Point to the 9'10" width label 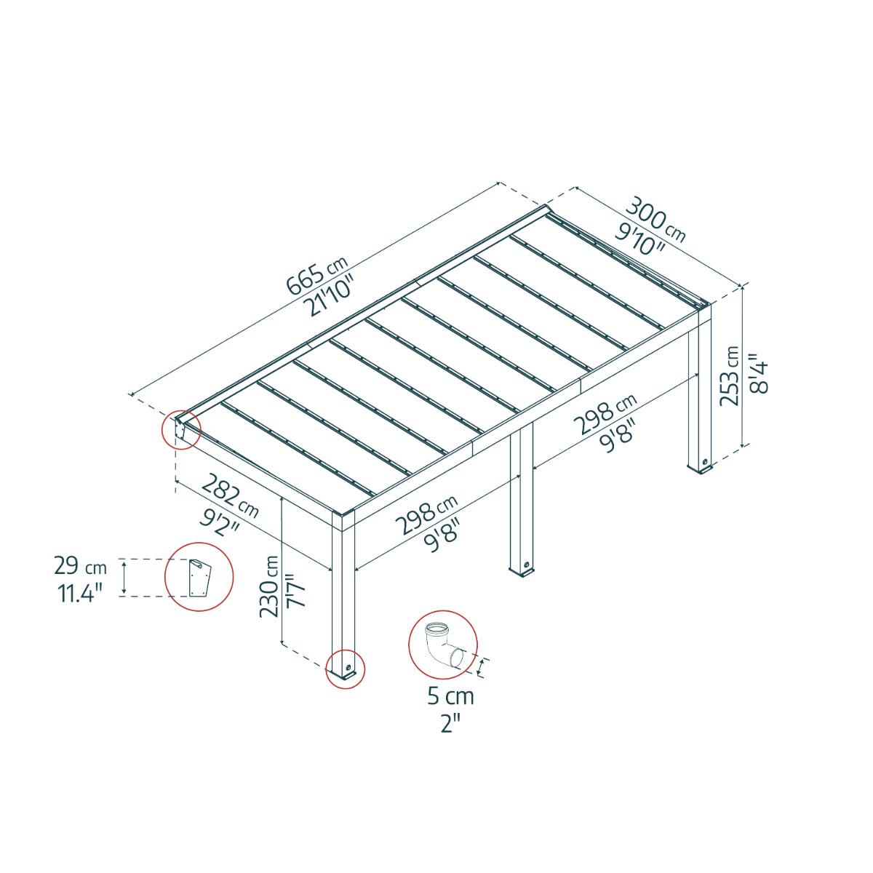640,238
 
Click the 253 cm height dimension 731,375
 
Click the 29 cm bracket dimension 80,566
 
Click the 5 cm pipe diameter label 450,696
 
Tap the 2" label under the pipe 450,722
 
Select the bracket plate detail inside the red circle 198,578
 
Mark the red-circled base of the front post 345,668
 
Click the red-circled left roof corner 180,429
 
